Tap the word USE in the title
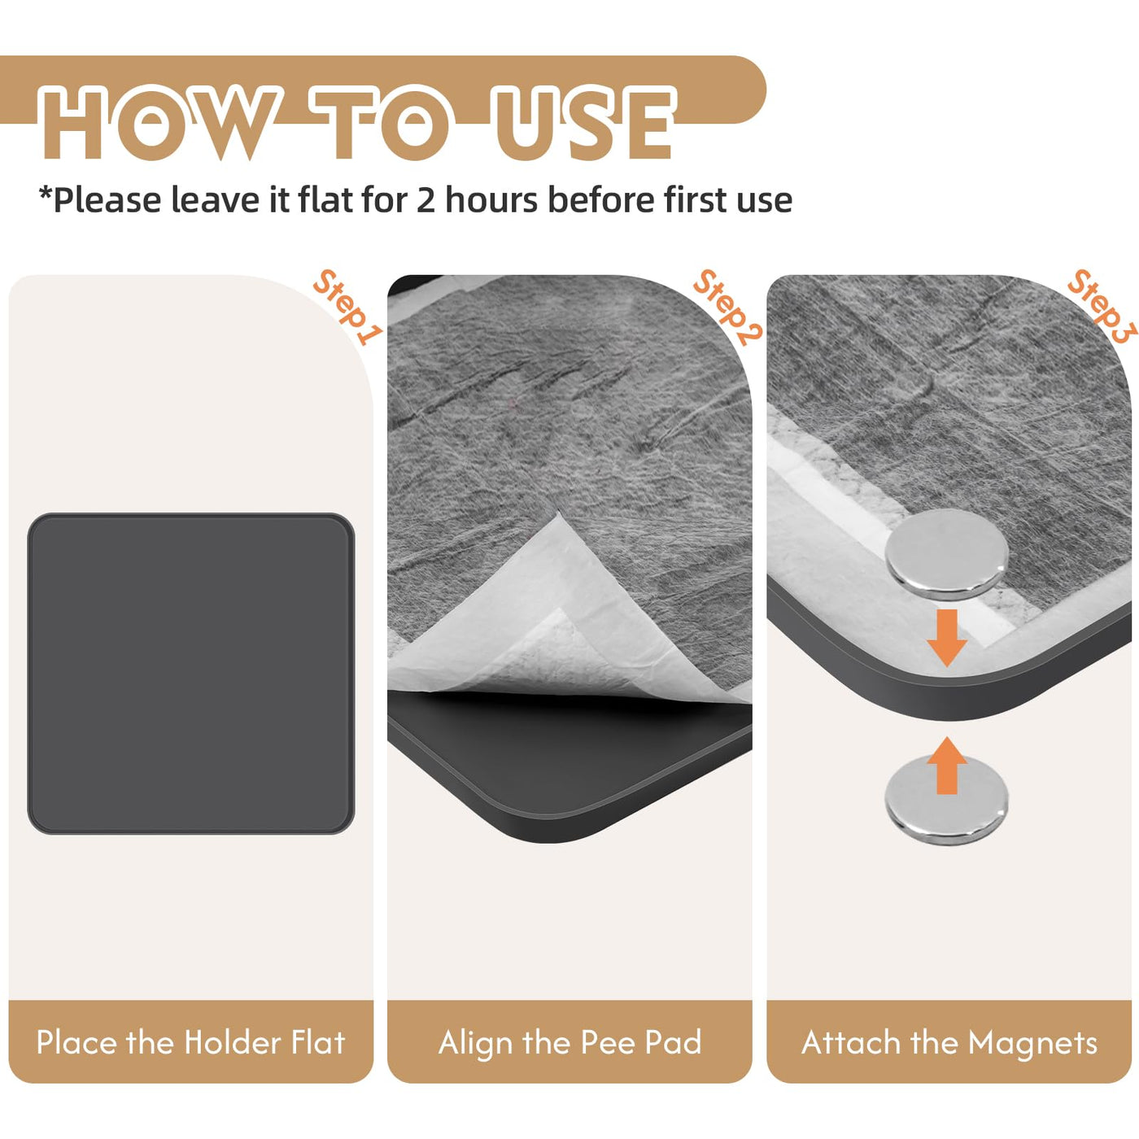click(585, 123)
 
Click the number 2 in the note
click(425, 200)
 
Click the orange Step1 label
click(347, 308)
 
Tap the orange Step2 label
click(727, 308)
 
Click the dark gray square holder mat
click(191, 674)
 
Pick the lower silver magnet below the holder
click(946, 801)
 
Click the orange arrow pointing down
click(947, 638)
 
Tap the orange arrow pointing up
click(947, 766)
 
